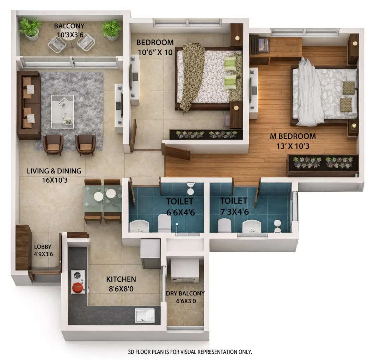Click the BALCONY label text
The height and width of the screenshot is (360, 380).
pyautogui.click(x=69, y=26)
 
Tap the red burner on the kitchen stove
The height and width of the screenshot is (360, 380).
pyautogui.click(x=78, y=288)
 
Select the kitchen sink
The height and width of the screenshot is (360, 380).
pyautogui.click(x=145, y=315)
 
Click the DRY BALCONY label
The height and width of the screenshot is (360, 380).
pyautogui.click(x=185, y=293)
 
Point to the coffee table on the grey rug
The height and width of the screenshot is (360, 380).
pyautogui.click(x=62, y=111)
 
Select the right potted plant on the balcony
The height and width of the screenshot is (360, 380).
pyautogui.click(x=111, y=29)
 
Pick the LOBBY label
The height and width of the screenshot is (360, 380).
pyautogui.click(x=42, y=247)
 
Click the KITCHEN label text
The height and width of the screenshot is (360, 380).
pyautogui.click(x=121, y=279)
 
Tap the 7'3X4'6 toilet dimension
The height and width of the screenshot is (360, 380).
pyautogui.click(x=234, y=212)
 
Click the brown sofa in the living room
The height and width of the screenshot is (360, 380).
pyautogui.click(x=29, y=105)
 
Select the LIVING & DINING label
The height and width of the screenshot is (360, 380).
pyautogui.click(x=54, y=171)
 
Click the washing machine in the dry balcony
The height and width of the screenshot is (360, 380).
pyautogui.click(x=185, y=270)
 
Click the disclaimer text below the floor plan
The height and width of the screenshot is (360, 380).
pyautogui.click(x=190, y=352)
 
